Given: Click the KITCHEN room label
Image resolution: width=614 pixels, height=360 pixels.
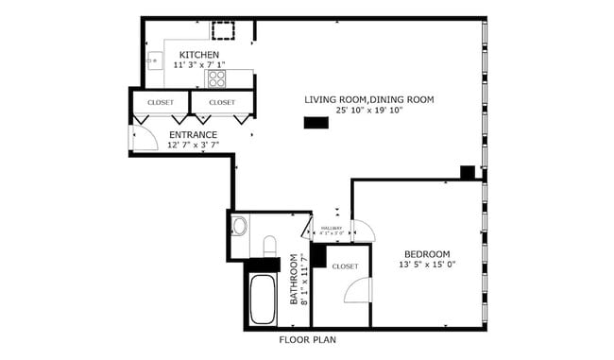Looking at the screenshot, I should pos(199,56).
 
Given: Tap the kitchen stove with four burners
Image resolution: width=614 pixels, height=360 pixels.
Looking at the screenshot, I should pos(217,77).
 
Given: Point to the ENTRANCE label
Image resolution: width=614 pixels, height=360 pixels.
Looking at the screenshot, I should pos(193,134).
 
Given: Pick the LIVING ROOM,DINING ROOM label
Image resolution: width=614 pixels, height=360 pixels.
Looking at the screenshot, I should pos(368,99).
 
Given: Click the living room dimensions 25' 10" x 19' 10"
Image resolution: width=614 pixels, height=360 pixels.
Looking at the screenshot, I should pos(368,111).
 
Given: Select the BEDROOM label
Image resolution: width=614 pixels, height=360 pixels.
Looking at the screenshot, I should pos(427,253).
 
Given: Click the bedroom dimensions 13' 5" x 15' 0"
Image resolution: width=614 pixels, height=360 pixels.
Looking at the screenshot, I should pos(427,266).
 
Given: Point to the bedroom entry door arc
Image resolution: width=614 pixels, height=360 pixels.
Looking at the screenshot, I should pos(363,231).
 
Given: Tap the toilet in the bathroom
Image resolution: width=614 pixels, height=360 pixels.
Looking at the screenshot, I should pos(269,247).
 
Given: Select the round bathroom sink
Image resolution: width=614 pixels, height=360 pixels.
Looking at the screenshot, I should pos(239,227).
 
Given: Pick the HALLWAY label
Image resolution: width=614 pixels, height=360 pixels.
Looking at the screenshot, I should pos(331,228).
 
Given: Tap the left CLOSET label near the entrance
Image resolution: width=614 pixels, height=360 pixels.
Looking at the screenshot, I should pos(161,102).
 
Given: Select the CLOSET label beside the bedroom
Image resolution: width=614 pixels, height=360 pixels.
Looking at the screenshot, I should pos(345,266).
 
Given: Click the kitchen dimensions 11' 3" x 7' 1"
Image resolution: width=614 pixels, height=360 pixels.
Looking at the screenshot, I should pos(199,66).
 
